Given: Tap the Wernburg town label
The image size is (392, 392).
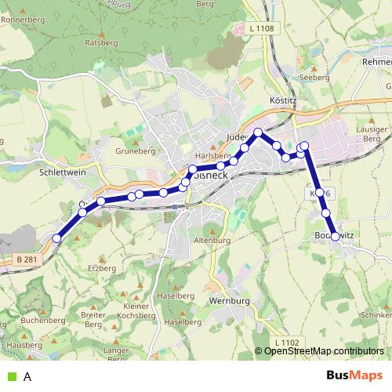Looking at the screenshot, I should pos(229,301).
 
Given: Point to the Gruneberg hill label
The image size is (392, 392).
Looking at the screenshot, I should pos(131,152).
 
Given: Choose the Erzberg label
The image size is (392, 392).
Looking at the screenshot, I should pos(102,268).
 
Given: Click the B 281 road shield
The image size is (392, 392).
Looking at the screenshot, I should pos(26,258).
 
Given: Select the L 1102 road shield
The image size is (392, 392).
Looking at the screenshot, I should pos(287,343).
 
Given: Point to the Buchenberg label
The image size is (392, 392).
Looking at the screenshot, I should pos(43,320).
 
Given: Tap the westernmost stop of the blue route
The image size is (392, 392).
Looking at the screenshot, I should pos(56,238).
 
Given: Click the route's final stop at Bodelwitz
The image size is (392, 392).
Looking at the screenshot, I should pos(336,236).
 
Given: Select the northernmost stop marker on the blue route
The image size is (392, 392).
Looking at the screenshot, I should pos(258,132).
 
